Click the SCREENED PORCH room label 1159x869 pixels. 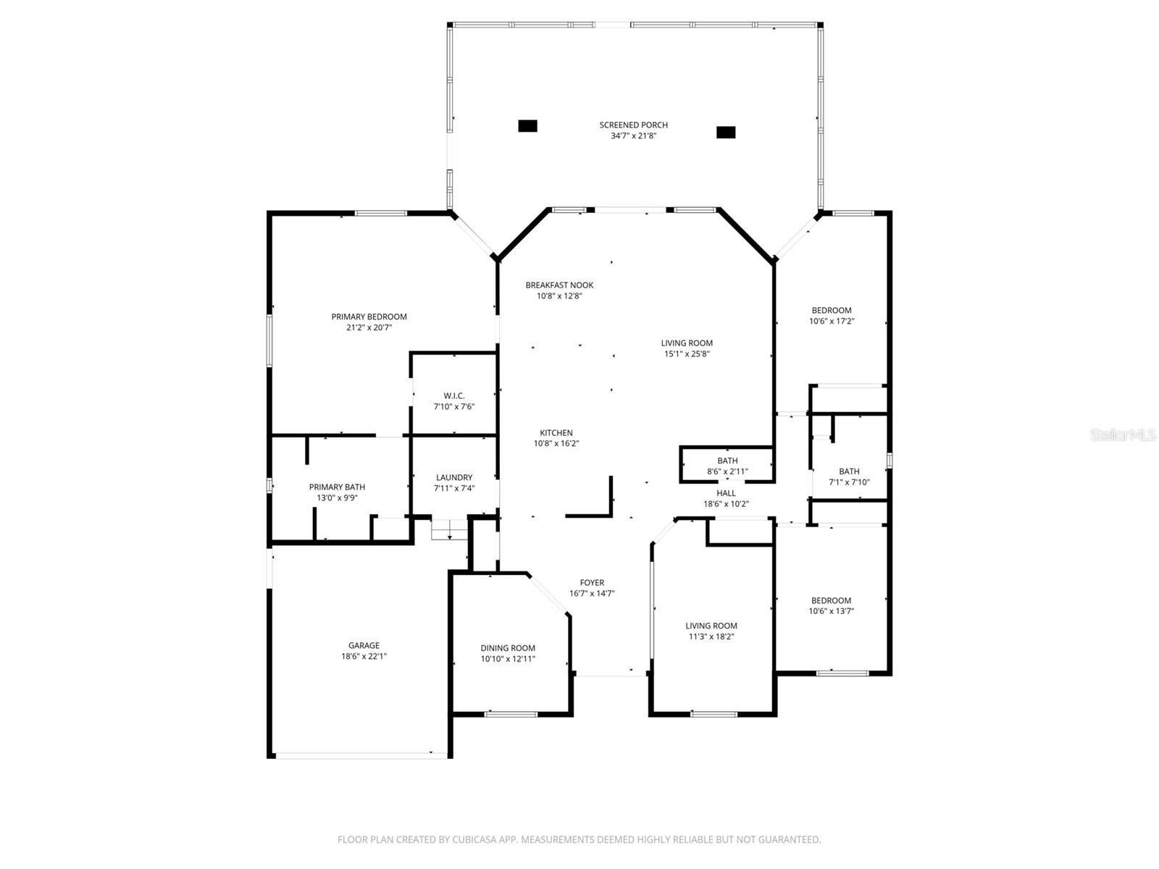633,125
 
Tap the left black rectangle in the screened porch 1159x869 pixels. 527,126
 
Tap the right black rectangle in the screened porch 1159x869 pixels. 726,133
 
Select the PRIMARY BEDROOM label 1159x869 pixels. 369,316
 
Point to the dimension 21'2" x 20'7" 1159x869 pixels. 369,327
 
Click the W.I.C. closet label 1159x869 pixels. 454,395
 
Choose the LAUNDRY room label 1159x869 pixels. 454,477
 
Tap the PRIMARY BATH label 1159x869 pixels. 337,487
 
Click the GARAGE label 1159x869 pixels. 364,645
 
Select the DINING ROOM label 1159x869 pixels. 508,648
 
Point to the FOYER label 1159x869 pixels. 592,582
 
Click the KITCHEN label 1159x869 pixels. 556,433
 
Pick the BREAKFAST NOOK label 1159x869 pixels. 559,285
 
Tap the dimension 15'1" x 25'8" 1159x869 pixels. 687,354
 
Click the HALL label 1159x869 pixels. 726,493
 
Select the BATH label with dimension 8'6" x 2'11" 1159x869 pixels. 727,461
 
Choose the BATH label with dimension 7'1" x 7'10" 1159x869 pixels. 849,471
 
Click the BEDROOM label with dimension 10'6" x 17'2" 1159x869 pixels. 832,310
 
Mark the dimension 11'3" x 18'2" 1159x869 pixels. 711,637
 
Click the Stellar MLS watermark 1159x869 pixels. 1123,435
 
